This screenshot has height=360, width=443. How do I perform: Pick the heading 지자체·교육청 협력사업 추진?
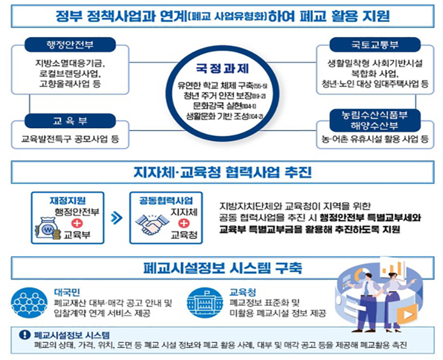coord(221,173)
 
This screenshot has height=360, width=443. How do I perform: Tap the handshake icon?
coord(149,226)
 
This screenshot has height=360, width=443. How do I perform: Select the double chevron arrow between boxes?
coord(116,218)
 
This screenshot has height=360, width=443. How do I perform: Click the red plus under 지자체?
coord(183,223)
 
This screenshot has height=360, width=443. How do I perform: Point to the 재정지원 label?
coord(68,200)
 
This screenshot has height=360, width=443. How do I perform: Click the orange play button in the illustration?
coord(408,314)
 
